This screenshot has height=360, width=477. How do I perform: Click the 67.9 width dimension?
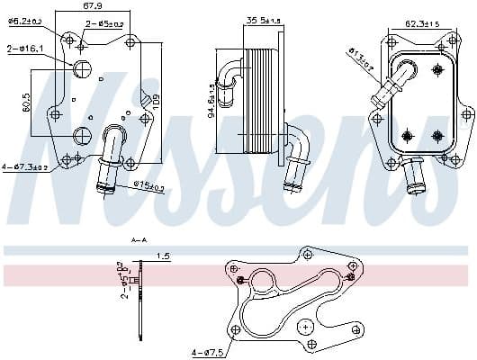[x=92, y=7]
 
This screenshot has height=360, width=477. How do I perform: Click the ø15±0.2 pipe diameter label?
[x=148, y=187]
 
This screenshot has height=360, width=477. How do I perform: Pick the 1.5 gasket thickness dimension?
[x=164, y=256]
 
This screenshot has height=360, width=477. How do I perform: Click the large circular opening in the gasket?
[x=266, y=284]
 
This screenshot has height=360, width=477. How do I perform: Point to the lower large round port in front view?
[x=82, y=136]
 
